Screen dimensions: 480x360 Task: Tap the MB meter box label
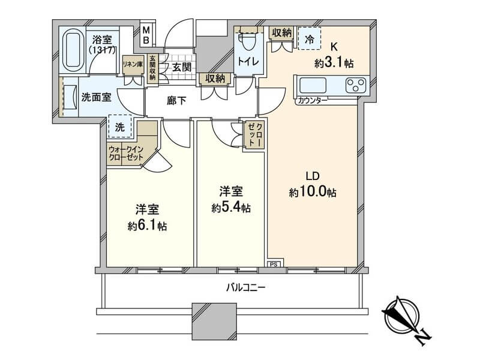pos(146,35)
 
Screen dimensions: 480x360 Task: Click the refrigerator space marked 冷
pos(310,38)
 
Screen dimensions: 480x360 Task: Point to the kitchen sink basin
pos(313,85)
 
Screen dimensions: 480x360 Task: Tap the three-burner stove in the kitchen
pos(356,85)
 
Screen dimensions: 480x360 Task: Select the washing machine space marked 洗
pos(120,127)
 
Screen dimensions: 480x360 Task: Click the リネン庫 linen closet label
pos(133,64)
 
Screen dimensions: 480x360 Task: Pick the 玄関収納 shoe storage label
pos(152,68)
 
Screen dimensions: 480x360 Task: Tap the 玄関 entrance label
pos(182,67)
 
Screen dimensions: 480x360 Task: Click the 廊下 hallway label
pos(176,100)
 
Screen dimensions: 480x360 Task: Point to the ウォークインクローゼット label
pos(126,154)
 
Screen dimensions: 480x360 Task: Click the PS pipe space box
pos(274,264)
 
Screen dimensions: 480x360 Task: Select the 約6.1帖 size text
pos(147,226)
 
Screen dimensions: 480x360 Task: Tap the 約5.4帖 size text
pos(231,208)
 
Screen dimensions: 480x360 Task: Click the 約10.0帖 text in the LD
pos(313,192)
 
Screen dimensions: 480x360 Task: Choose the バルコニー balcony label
pos(245,287)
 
